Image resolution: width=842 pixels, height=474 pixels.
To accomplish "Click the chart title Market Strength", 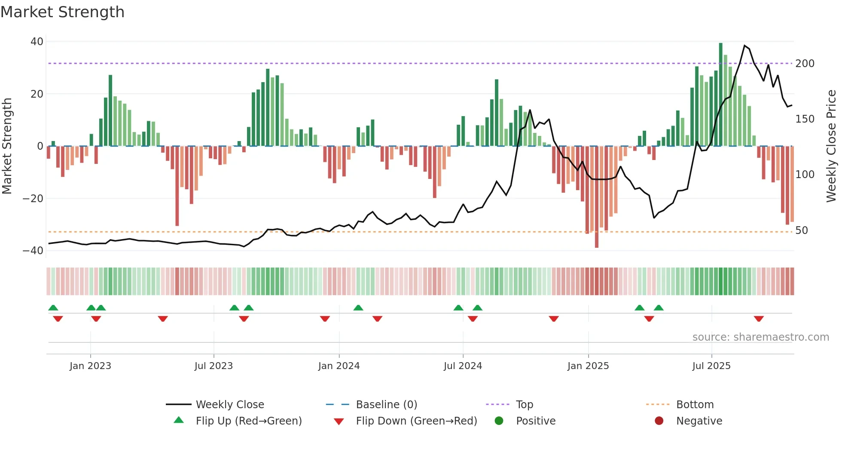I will point(62,12).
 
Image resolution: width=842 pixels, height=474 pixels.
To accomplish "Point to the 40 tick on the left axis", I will point(37,42).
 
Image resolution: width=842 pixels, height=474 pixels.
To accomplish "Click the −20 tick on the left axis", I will point(33,199).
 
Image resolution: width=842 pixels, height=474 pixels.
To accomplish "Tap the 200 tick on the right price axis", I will point(805,64).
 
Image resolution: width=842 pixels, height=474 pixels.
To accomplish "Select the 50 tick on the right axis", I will point(801,231).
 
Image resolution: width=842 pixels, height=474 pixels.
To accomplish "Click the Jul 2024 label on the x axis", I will point(463,366).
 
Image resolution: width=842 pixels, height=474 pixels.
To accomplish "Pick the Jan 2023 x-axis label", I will point(90,366).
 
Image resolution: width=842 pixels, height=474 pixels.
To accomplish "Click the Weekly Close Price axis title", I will point(831,146).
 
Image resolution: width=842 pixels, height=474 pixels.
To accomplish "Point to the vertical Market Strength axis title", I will point(7,146).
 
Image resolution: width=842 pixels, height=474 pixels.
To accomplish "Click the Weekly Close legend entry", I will point(230,405).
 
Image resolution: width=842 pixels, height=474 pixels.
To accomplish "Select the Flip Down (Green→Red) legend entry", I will point(416,421).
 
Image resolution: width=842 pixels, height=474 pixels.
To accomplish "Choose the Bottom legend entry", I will point(695,405).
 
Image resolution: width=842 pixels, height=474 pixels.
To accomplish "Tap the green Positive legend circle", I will point(499,421).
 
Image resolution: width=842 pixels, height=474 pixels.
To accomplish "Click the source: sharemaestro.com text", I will point(760,337).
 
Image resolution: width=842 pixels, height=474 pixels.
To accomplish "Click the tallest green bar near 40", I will point(720,95).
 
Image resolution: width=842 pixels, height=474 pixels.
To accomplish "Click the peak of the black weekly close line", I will point(744,46).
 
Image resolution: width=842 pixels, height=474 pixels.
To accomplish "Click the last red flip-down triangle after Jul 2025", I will point(759,319).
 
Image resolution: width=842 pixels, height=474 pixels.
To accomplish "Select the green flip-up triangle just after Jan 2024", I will point(358,308).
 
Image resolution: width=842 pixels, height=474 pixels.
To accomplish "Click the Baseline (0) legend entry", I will point(386,405).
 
